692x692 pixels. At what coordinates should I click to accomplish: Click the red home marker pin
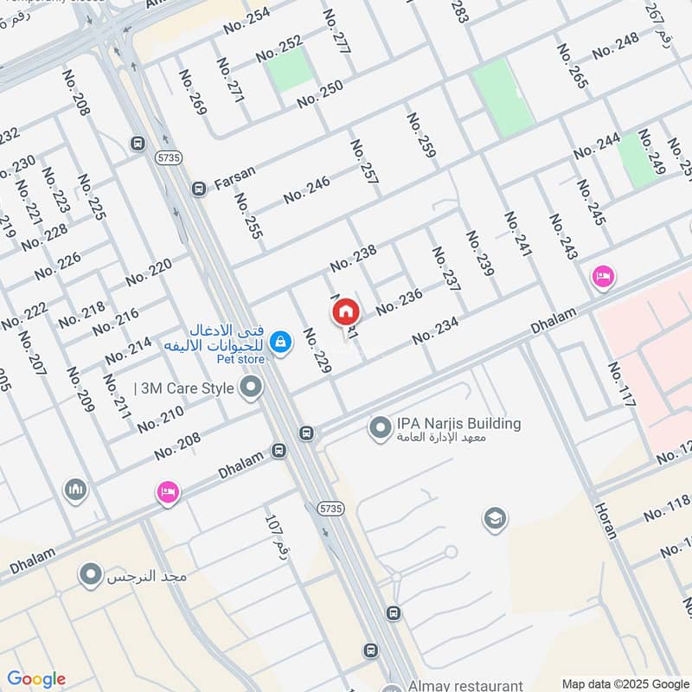tap(346, 311)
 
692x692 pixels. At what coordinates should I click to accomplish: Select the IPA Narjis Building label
tap(458, 424)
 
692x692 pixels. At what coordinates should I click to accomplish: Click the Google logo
tap(36, 679)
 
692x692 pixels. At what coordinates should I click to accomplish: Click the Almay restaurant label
tap(465, 684)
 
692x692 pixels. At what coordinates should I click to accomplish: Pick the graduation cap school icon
tap(495, 518)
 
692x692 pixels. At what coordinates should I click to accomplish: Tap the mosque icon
tap(75, 490)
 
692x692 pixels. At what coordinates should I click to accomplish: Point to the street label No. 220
tap(149, 272)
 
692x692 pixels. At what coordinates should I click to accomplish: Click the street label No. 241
tap(518, 234)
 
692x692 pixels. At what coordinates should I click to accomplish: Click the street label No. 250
tap(320, 94)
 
